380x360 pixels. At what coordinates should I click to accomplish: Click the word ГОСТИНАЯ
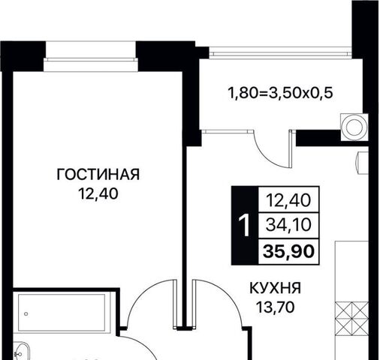(x=98, y=175)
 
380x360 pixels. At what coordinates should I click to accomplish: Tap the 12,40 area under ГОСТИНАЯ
(x=98, y=193)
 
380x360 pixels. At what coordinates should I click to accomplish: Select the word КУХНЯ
(x=276, y=288)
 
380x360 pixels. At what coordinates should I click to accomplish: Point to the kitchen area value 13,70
(x=276, y=307)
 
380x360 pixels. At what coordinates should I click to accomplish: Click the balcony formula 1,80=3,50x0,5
(x=280, y=93)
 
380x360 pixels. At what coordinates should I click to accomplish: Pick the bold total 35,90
(x=288, y=251)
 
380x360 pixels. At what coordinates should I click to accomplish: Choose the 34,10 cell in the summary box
(x=288, y=224)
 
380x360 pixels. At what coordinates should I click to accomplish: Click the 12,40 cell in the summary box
(x=288, y=200)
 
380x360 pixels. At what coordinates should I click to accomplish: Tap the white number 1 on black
(x=244, y=225)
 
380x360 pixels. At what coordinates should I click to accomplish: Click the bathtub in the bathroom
(x=62, y=313)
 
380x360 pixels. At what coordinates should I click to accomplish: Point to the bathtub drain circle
(x=26, y=313)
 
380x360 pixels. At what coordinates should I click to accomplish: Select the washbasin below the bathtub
(x=21, y=351)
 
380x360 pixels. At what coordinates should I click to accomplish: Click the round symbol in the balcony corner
(x=354, y=127)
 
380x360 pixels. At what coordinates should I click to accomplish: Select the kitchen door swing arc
(x=228, y=295)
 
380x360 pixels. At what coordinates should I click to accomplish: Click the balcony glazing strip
(x=280, y=53)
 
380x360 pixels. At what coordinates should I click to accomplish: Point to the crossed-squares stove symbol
(x=351, y=318)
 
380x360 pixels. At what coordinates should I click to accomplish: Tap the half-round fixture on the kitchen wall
(x=362, y=162)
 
